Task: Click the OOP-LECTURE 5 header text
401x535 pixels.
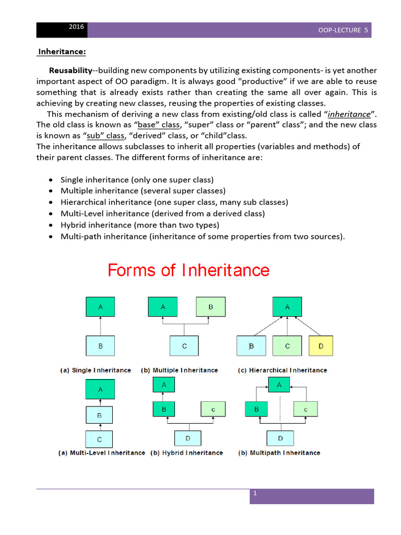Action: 343,30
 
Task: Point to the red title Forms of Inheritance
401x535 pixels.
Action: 188,270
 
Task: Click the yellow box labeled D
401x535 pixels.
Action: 321,346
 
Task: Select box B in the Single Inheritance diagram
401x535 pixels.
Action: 100,346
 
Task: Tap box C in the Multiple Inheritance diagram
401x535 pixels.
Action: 184,346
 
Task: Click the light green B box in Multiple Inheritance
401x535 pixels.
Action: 210,307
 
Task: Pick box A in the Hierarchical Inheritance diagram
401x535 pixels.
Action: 287,307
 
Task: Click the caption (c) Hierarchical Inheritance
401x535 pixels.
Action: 282,370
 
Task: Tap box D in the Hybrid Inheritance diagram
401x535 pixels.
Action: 189,437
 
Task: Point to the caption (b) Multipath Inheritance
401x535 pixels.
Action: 279,453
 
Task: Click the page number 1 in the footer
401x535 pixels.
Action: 255,494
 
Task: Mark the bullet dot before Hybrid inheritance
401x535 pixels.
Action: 50,225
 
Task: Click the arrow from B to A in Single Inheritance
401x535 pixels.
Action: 100,327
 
